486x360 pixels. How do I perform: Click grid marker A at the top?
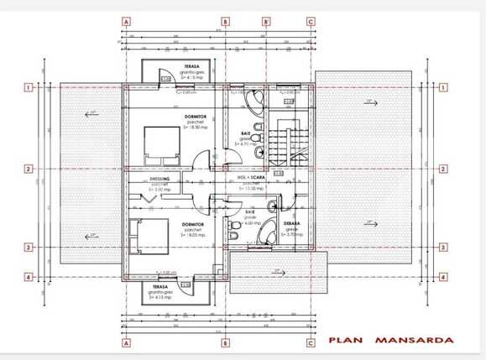tap(126, 22)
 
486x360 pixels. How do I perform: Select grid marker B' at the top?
tap(266, 22)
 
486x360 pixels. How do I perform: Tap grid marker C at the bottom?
tap(311, 342)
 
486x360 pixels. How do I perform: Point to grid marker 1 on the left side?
tap(29, 86)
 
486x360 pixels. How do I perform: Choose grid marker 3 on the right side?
tap(445, 248)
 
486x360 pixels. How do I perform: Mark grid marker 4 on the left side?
tap(29, 278)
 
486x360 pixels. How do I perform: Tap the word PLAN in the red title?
tap(344, 341)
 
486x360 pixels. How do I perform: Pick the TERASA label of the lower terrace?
tap(159, 287)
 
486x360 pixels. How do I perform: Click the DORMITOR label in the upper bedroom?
tap(197, 116)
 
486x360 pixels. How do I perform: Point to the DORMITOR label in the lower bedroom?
tap(194, 224)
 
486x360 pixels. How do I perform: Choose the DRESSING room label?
tap(159, 179)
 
